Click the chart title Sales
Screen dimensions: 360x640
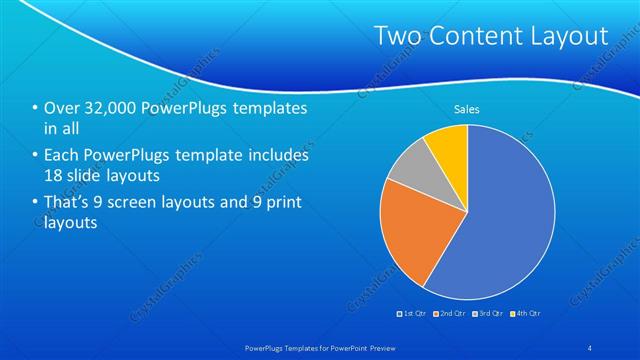[x=467, y=108]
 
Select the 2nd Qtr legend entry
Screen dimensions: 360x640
[x=451, y=314]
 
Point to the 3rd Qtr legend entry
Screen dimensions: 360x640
[x=489, y=314]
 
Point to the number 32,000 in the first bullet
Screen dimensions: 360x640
[x=109, y=108]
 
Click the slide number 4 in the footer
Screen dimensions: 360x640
[x=590, y=346]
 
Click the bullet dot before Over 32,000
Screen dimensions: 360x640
[x=36, y=108]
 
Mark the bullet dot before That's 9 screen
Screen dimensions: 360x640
[x=36, y=203]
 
